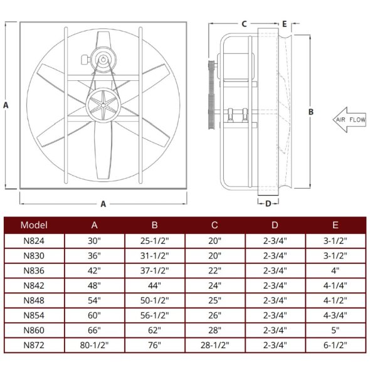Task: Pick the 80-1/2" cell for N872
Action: [x=94, y=345]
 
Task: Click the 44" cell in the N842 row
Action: [x=155, y=285]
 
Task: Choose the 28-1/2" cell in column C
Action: [x=215, y=345]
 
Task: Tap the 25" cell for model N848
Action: [x=215, y=300]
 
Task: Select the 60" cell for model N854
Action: [x=94, y=315]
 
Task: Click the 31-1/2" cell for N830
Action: [x=155, y=255]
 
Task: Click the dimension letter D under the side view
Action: [x=268, y=203]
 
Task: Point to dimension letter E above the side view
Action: [x=284, y=24]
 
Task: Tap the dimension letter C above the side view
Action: [x=243, y=24]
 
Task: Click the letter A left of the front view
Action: [x=6, y=105]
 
